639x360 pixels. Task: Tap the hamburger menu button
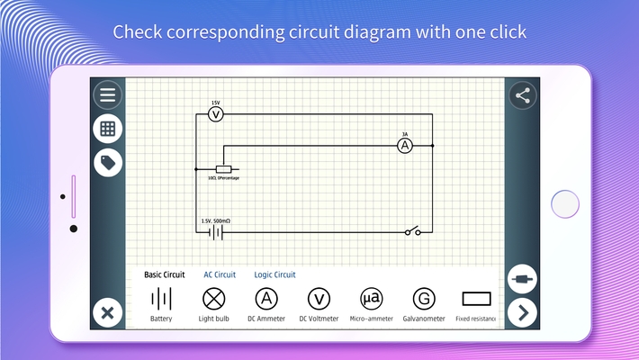pos(108,94)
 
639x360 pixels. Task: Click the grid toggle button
pos(108,129)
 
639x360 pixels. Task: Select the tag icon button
pos(108,163)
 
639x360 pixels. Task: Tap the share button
pos(523,95)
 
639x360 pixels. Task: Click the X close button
pos(107,313)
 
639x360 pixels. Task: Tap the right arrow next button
pos(523,313)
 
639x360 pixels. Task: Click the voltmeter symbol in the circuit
pos(215,114)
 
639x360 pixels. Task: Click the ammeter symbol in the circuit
pos(405,145)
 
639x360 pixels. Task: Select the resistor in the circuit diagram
pos(223,169)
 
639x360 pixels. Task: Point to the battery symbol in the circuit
pos(215,232)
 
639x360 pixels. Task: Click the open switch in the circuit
pos(412,232)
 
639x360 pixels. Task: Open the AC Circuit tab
pos(220,274)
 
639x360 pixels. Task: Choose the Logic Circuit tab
pos(274,274)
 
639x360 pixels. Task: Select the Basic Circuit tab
pos(165,274)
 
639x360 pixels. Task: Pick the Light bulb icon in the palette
pos(213,299)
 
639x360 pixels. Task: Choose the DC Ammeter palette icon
pos(266,299)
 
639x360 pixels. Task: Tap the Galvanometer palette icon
pos(423,299)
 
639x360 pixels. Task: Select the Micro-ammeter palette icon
pos(371,299)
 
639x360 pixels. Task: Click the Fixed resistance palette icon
pos(476,299)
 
